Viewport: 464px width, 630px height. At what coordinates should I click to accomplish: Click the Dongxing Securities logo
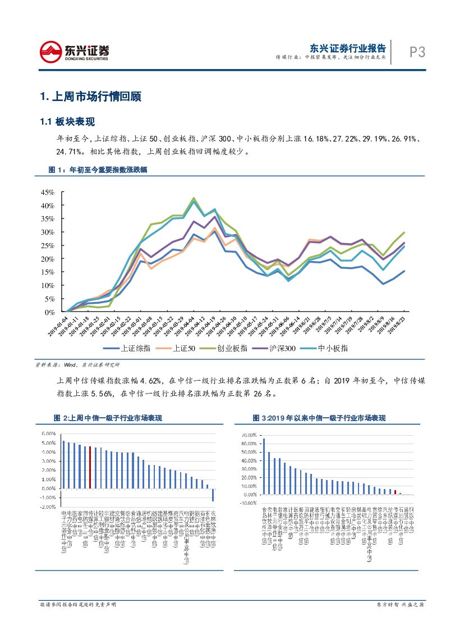click(x=74, y=52)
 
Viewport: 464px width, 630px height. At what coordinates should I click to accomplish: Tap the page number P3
click(x=417, y=52)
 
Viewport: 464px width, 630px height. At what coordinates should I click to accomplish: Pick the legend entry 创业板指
click(x=224, y=348)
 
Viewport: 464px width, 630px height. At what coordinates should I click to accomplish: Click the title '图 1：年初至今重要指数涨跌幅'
click(x=98, y=170)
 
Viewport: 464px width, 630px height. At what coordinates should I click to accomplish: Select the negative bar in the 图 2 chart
click(x=213, y=494)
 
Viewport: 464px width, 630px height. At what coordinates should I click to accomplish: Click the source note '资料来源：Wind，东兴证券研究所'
click(x=77, y=364)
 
